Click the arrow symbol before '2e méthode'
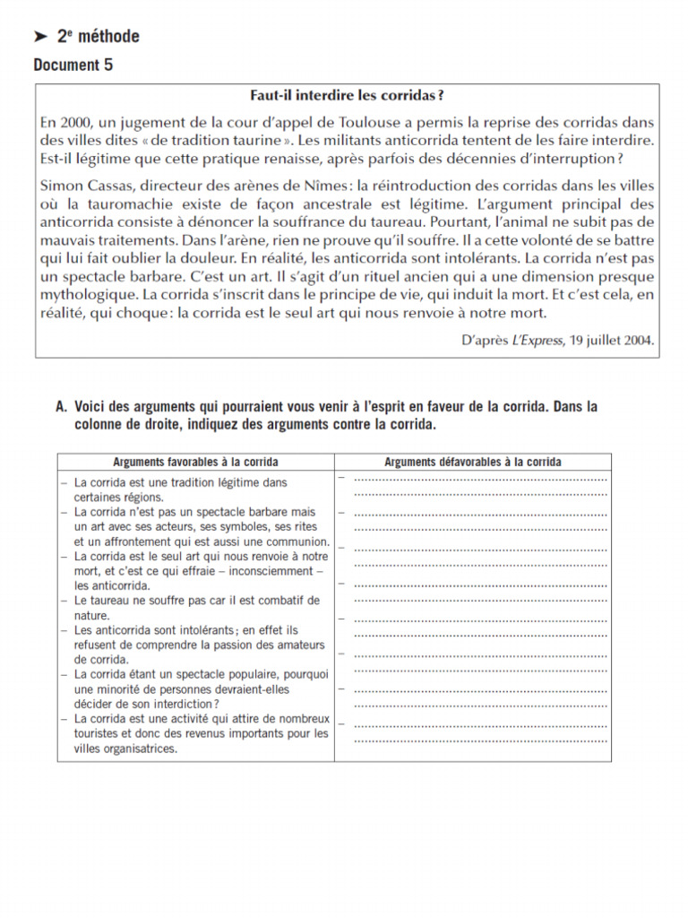pos(41,37)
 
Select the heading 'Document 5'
pos(73,65)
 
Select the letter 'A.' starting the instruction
pos(61,407)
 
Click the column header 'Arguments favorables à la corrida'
pos(195,463)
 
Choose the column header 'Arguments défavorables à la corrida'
pos(473,463)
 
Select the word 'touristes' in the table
pos(98,733)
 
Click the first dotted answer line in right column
pos(480,479)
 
